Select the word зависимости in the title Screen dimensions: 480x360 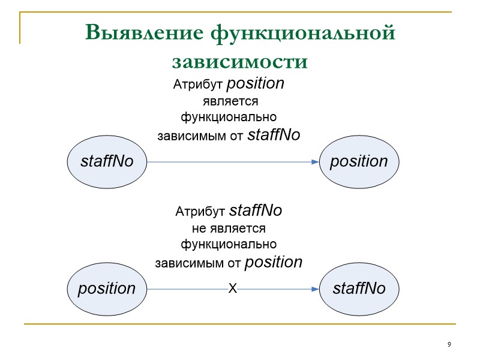click(240, 61)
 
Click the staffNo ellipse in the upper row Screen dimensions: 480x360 click(107, 161)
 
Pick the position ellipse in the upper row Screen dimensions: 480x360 click(359, 161)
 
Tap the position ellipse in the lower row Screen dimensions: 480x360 click(107, 289)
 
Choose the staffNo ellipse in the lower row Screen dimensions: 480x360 click(359, 289)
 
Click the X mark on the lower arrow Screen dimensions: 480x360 click(233, 289)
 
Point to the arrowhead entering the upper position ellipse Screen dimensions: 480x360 click(314, 162)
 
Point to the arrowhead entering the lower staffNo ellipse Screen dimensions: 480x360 click(314, 289)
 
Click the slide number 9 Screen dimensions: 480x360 click(449, 344)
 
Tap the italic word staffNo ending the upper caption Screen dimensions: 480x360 click(274, 135)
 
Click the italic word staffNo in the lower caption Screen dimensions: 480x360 click(256, 211)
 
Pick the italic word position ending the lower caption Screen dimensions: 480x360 click(274, 262)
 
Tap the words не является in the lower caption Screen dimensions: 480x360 click(229, 229)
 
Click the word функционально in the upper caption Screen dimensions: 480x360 click(229, 116)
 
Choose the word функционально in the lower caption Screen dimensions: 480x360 click(229, 244)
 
